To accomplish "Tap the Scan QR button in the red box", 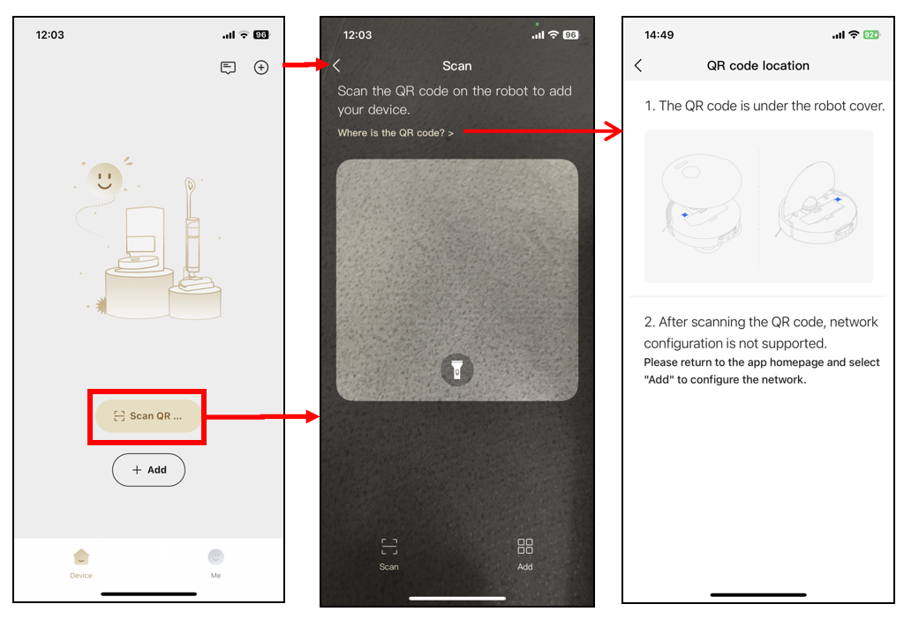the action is click(x=147, y=416).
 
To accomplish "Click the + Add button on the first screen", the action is click(x=149, y=470).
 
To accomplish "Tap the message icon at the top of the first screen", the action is click(x=228, y=68).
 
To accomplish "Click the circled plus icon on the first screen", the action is click(x=261, y=67).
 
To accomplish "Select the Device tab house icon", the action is click(x=81, y=556).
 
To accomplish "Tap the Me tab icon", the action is click(x=215, y=556).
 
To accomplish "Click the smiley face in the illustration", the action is click(x=105, y=179).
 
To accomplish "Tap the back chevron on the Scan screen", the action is click(x=336, y=65).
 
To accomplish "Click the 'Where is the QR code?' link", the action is click(x=395, y=133).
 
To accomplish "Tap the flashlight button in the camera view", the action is click(x=456, y=369).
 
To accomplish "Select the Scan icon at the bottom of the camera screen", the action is click(x=389, y=547).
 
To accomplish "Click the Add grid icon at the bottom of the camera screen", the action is click(x=525, y=547).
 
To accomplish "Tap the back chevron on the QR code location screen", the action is click(x=638, y=65).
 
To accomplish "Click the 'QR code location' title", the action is click(x=757, y=65).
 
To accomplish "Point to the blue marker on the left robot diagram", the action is click(x=684, y=215).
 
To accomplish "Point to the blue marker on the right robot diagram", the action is click(x=838, y=199).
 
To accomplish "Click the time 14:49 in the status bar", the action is click(x=659, y=35).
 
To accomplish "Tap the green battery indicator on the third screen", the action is click(x=871, y=35).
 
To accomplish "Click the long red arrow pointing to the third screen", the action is click(x=543, y=131).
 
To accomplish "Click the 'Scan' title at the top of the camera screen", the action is click(x=456, y=66).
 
